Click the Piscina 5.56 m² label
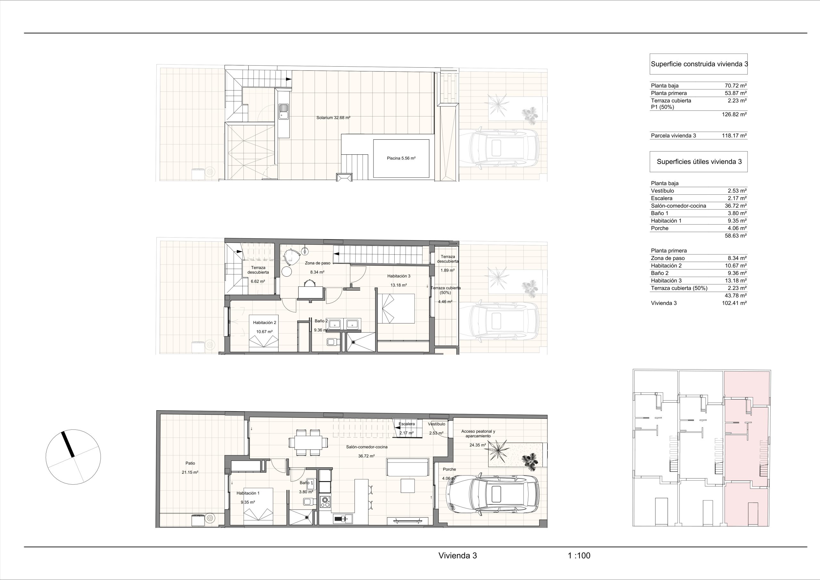click(401, 158)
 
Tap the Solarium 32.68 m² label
click(333, 118)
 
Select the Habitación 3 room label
click(399, 276)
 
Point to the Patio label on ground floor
click(190, 463)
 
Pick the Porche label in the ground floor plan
click(449, 469)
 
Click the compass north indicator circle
click(73, 457)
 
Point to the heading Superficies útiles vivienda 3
click(699, 161)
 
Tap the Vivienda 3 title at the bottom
click(457, 556)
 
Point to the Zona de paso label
click(317, 263)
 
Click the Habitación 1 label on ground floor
click(248, 493)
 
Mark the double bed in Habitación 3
click(397, 309)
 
